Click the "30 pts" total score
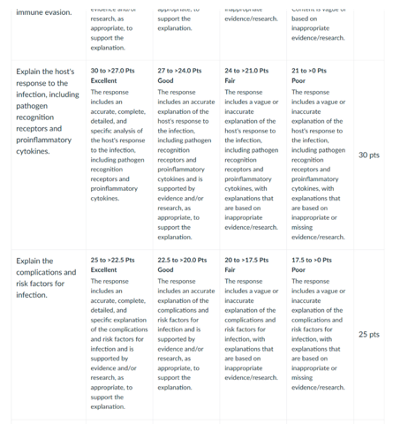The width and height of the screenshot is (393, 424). (x=369, y=155)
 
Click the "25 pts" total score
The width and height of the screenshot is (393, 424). (x=369, y=335)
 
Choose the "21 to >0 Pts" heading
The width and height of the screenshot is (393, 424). (x=309, y=70)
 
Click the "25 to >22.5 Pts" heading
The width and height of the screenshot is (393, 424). (x=115, y=260)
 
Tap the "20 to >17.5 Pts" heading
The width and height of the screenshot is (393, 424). (x=248, y=260)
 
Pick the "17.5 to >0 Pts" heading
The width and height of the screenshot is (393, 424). (x=313, y=260)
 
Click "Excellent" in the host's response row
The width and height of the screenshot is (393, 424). (x=104, y=80)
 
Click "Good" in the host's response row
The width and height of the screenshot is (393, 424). (x=166, y=80)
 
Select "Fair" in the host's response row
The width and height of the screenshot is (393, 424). (x=231, y=80)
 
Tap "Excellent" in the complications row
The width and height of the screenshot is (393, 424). (x=104, y=270)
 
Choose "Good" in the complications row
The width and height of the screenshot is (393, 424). (x=166, y=270)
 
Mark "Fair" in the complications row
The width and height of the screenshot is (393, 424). (x=231, y=270)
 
